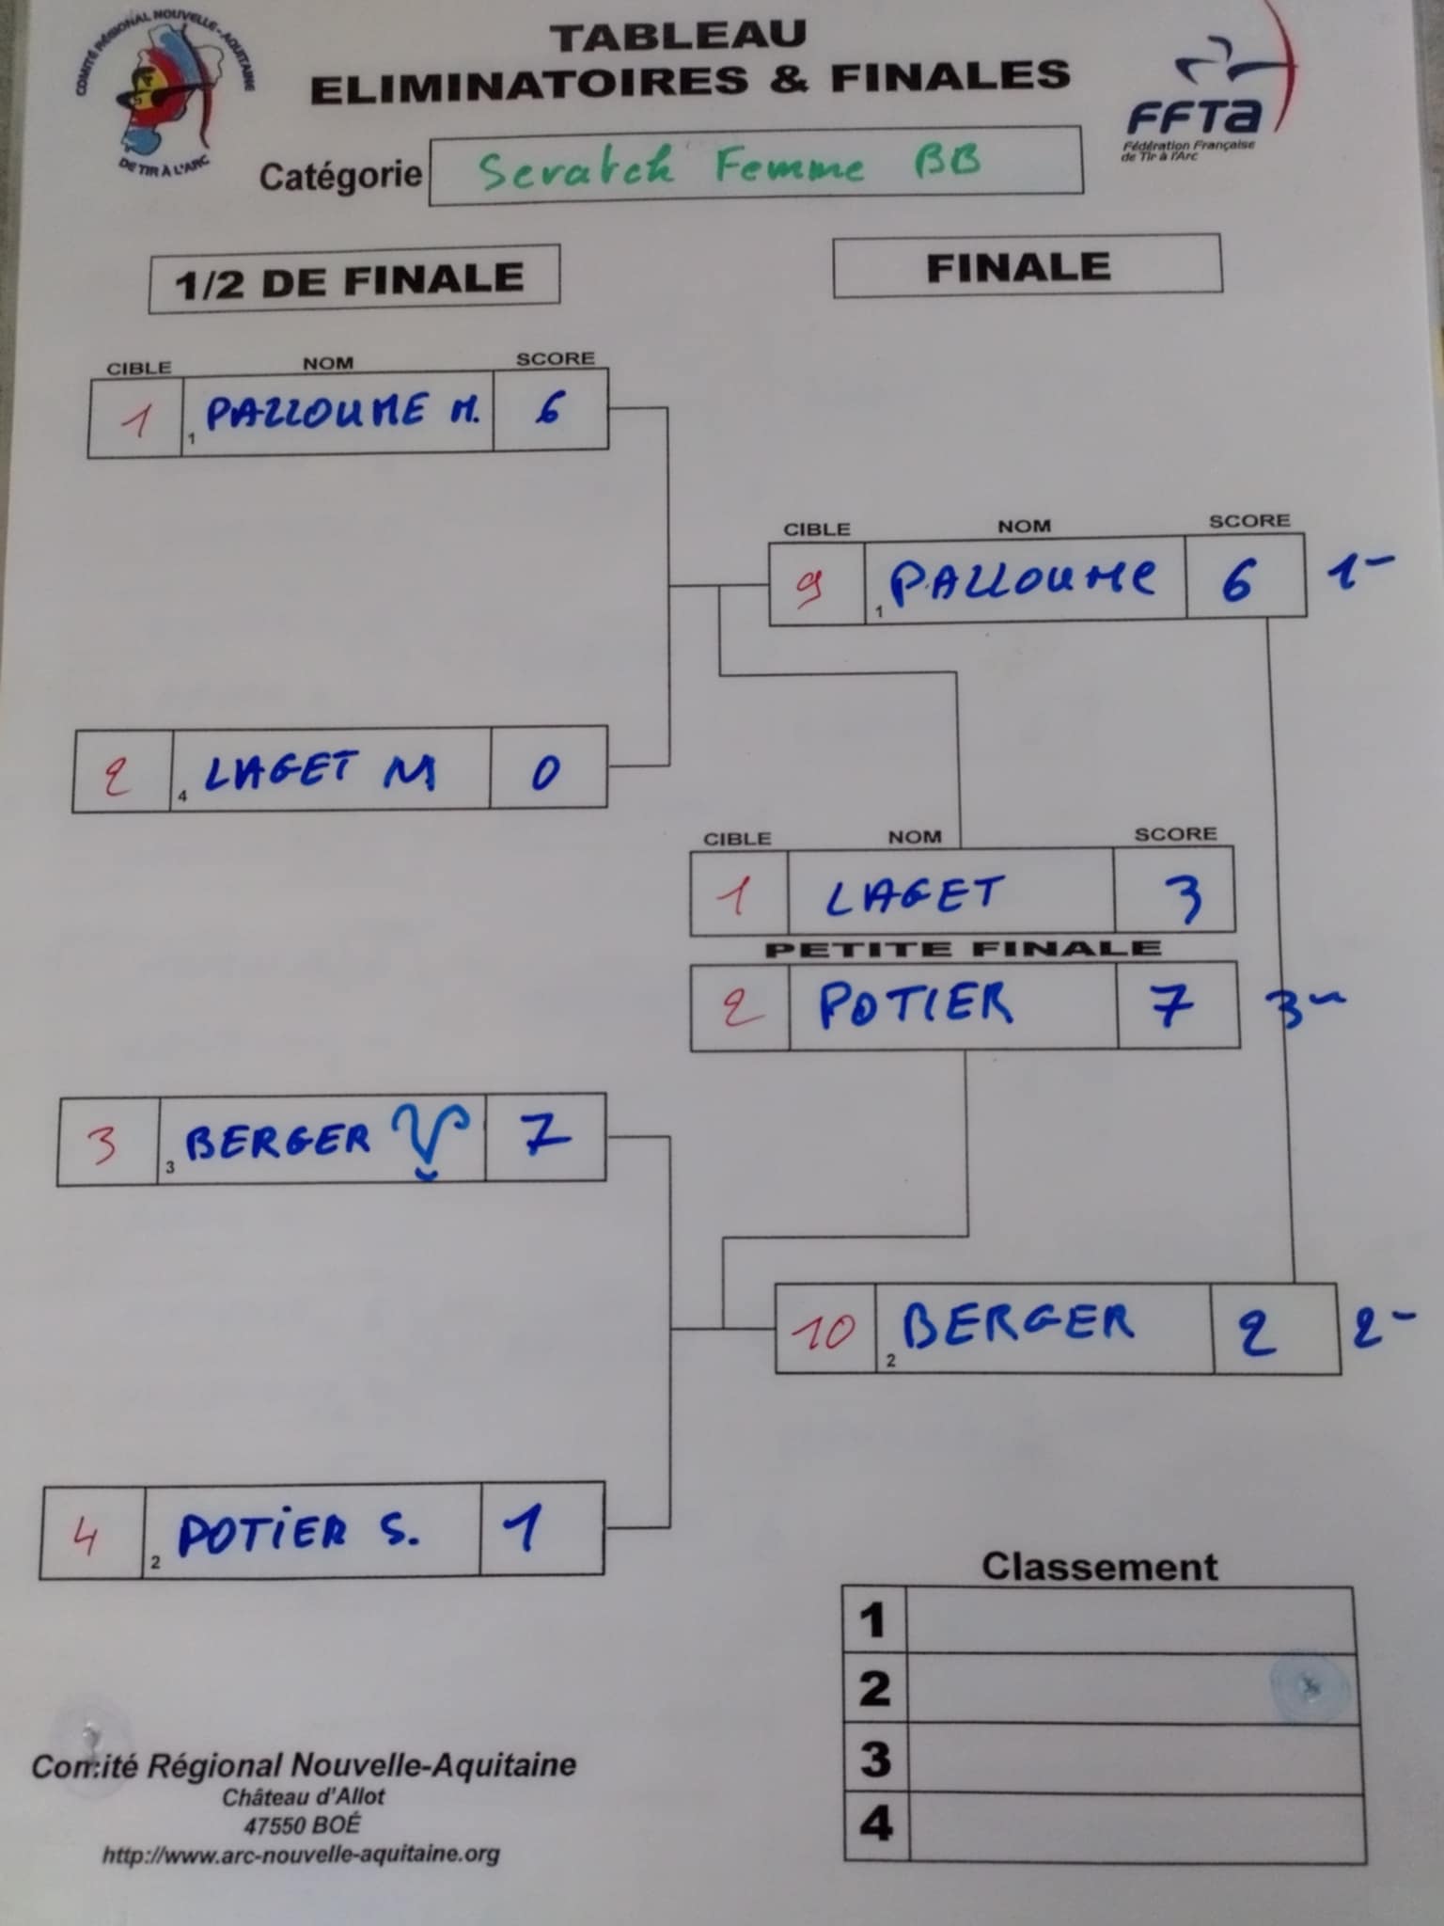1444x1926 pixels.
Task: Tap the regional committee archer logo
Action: (x=165, y=94)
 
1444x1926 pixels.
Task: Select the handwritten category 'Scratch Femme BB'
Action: (x=730, y=166)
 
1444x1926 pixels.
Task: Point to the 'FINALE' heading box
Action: (x=1027, y=266)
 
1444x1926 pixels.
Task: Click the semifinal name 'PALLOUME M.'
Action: (x=342, y=411)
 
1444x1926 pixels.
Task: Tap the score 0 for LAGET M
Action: (x=545, y=771)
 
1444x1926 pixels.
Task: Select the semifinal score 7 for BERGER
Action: (x=545, y=1135)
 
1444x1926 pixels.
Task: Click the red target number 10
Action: (x=824, y=1330)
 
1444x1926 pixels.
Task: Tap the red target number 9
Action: (x=810, y=586)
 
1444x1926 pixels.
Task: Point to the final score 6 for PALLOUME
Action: (x=1237, y=578)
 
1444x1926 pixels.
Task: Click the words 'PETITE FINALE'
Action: (x=963, y=949)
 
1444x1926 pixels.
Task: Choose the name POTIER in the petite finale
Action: (x=916, y=1004)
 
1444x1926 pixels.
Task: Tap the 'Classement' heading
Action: (x=1099, y=1568)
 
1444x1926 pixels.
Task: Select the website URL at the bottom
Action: (x=301, y=1855)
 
